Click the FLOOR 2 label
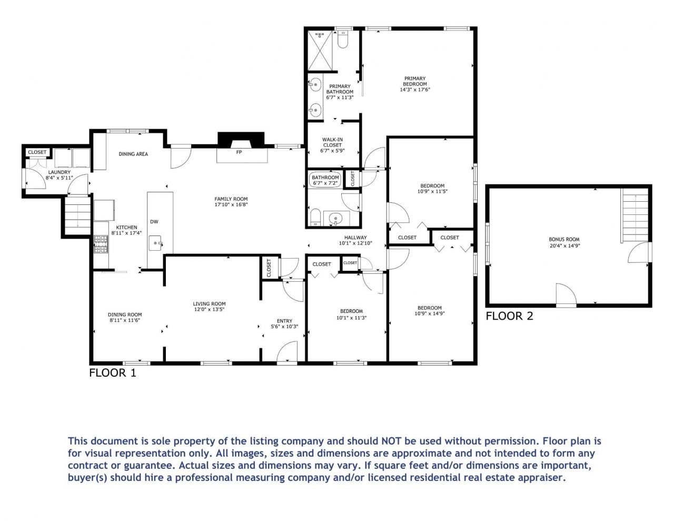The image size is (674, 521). pyautogui.click(x=509, y=316)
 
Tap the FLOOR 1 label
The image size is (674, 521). pyautogui.click(x=112, y=373)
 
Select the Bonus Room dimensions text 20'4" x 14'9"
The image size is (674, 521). pyautogui.click(x=564, y=245)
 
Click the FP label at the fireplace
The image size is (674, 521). pyautogui.click(x=239, y=152)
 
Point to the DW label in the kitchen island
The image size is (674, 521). pyautogui.click(x=154, y=222)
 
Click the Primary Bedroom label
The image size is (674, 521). pyautogui.click(x=415, y=81)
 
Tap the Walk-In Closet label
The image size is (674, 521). pyautogui.click(x=332, y=142)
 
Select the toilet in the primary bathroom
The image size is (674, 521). pyautogui.click(x=343, y=40)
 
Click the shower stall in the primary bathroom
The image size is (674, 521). pyautogui.click(x=320, y=51)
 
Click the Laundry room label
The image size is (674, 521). pyautogui.click(x=59, y=172)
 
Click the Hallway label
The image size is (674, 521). pyautogui.click(x=355, y=238)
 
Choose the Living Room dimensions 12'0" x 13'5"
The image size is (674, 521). pyautogui.click(x=209, y=309)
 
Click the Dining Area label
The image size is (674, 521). pyautogui.click(x=133, y=154)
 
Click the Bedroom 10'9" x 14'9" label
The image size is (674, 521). pyautogui.click(x=429, y=308)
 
